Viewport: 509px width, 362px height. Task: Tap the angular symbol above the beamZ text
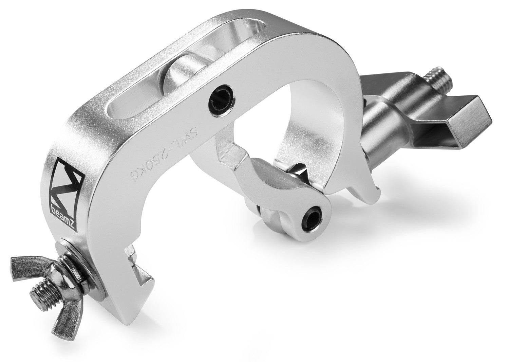pyautogui.click(x=70, y=184)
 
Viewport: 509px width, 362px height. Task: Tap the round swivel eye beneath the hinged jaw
pyautogui.click(x=268, y=217)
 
